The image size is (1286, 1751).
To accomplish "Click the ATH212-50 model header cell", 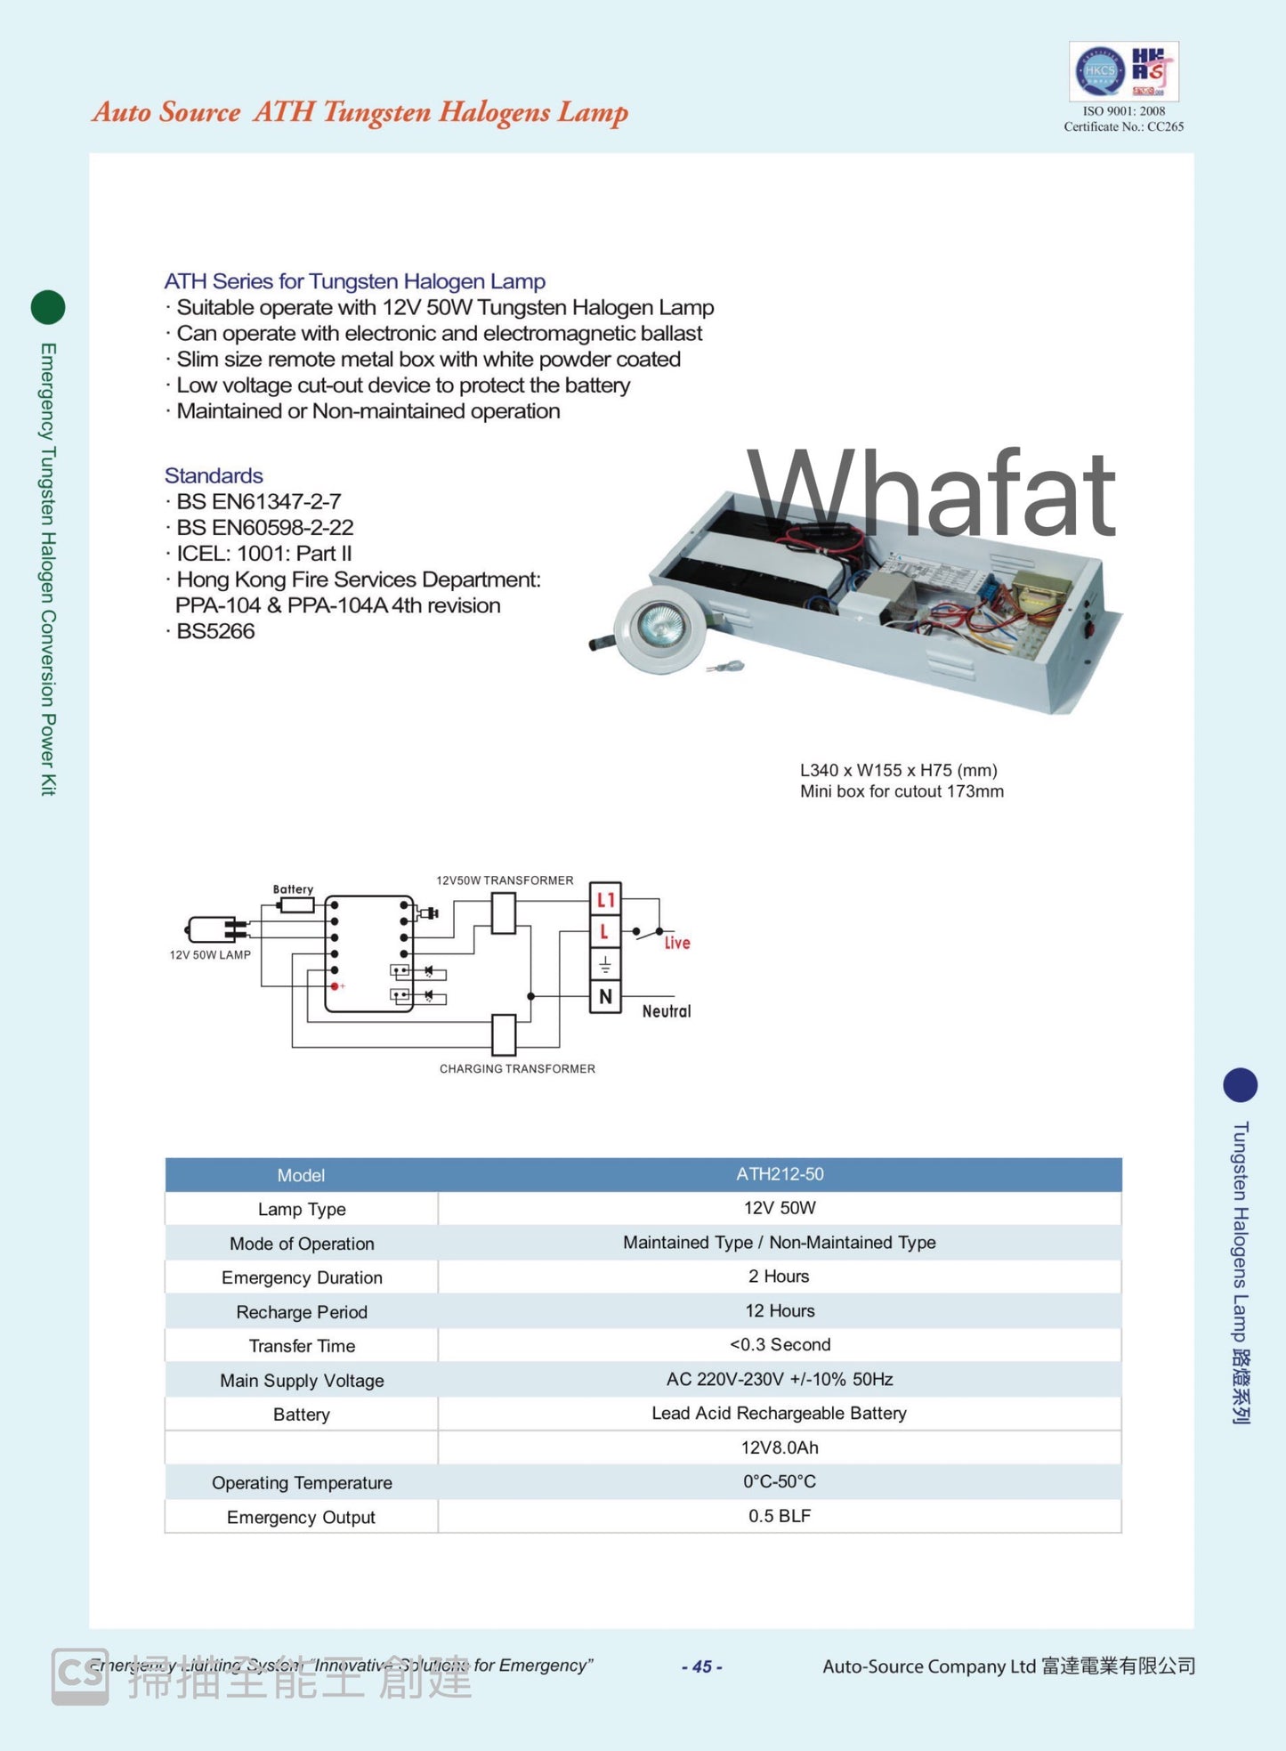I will tap(779, 1174).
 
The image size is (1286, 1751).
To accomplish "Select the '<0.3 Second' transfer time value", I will tap(780, 1344).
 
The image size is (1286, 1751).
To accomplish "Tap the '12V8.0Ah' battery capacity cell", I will tap(780, 1447).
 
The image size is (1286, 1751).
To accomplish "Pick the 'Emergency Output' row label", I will tap(301, 1517).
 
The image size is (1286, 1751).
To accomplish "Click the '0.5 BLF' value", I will tap(780, 1516).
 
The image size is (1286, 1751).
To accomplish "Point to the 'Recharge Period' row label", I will tap(301, 1312).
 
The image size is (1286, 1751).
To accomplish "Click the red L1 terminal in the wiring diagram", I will tap(605, 900).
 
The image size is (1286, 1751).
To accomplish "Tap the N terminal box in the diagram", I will tap(605, 997).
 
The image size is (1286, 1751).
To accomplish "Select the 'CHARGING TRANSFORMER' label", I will tap(517, 1068).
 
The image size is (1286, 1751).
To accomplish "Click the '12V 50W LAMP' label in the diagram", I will tap(210, 954).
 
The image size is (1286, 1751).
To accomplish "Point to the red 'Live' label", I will tap(677, 943).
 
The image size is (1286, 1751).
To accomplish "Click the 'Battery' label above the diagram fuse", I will tap(293, 889).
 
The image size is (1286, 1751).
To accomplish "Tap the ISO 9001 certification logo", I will tap(1123, 71).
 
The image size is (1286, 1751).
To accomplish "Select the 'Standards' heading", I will tap(214, 475).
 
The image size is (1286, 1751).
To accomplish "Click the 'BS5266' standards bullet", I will tap(215, 631).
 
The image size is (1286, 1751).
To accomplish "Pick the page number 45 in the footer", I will tap(701, 1666).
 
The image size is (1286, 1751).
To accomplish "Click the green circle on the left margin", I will tap(48, 307).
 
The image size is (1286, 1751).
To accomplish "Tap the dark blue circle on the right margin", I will tap(1240, 1084).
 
